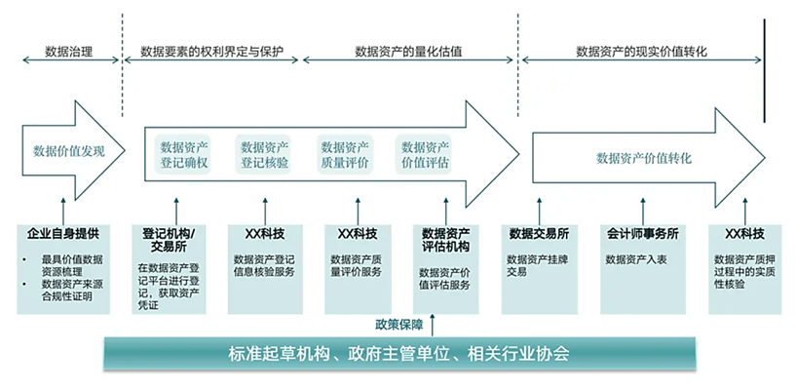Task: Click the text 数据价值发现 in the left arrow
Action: (68, 151)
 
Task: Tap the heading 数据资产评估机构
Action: (446, 240)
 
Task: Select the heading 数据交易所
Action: (539, 234)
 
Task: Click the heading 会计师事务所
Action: (642, 234)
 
